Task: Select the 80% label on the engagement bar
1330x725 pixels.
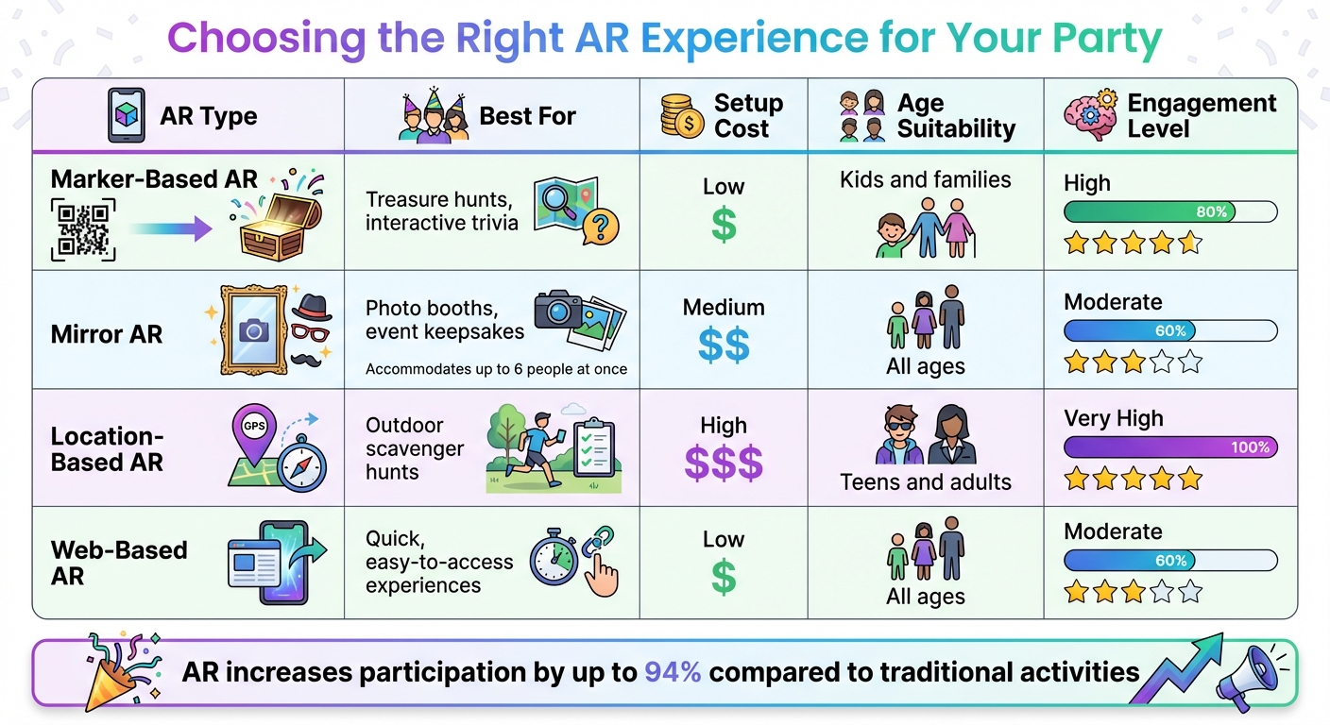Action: click(1211, 211)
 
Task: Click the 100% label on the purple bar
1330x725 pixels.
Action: click(1250, 447)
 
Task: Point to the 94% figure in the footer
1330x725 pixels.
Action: click(673, 672)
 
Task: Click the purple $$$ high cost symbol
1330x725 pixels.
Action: click(724, 464)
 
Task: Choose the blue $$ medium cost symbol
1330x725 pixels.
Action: click(724, 346)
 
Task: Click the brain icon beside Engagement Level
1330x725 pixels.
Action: click(1088, 116)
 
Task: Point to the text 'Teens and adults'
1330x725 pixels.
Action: click(925, 482)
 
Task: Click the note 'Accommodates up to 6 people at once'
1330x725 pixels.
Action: click(496, 369)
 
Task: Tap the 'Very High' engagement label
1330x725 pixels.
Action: click(1113, 418)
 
